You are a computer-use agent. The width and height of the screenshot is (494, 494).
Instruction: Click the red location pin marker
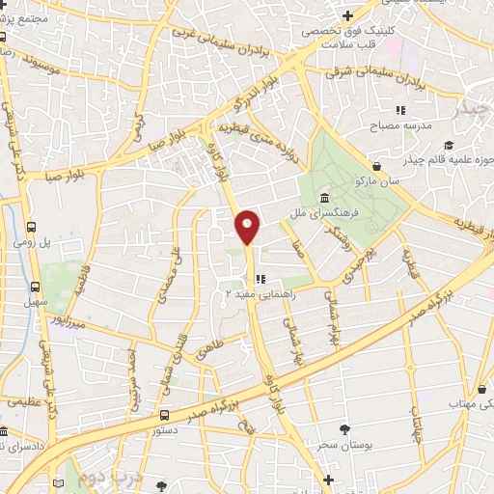248,225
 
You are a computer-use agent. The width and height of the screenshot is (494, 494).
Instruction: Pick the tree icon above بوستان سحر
343,426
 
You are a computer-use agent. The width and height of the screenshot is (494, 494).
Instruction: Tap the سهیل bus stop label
36,302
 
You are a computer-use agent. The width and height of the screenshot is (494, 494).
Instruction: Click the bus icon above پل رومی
32,228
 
